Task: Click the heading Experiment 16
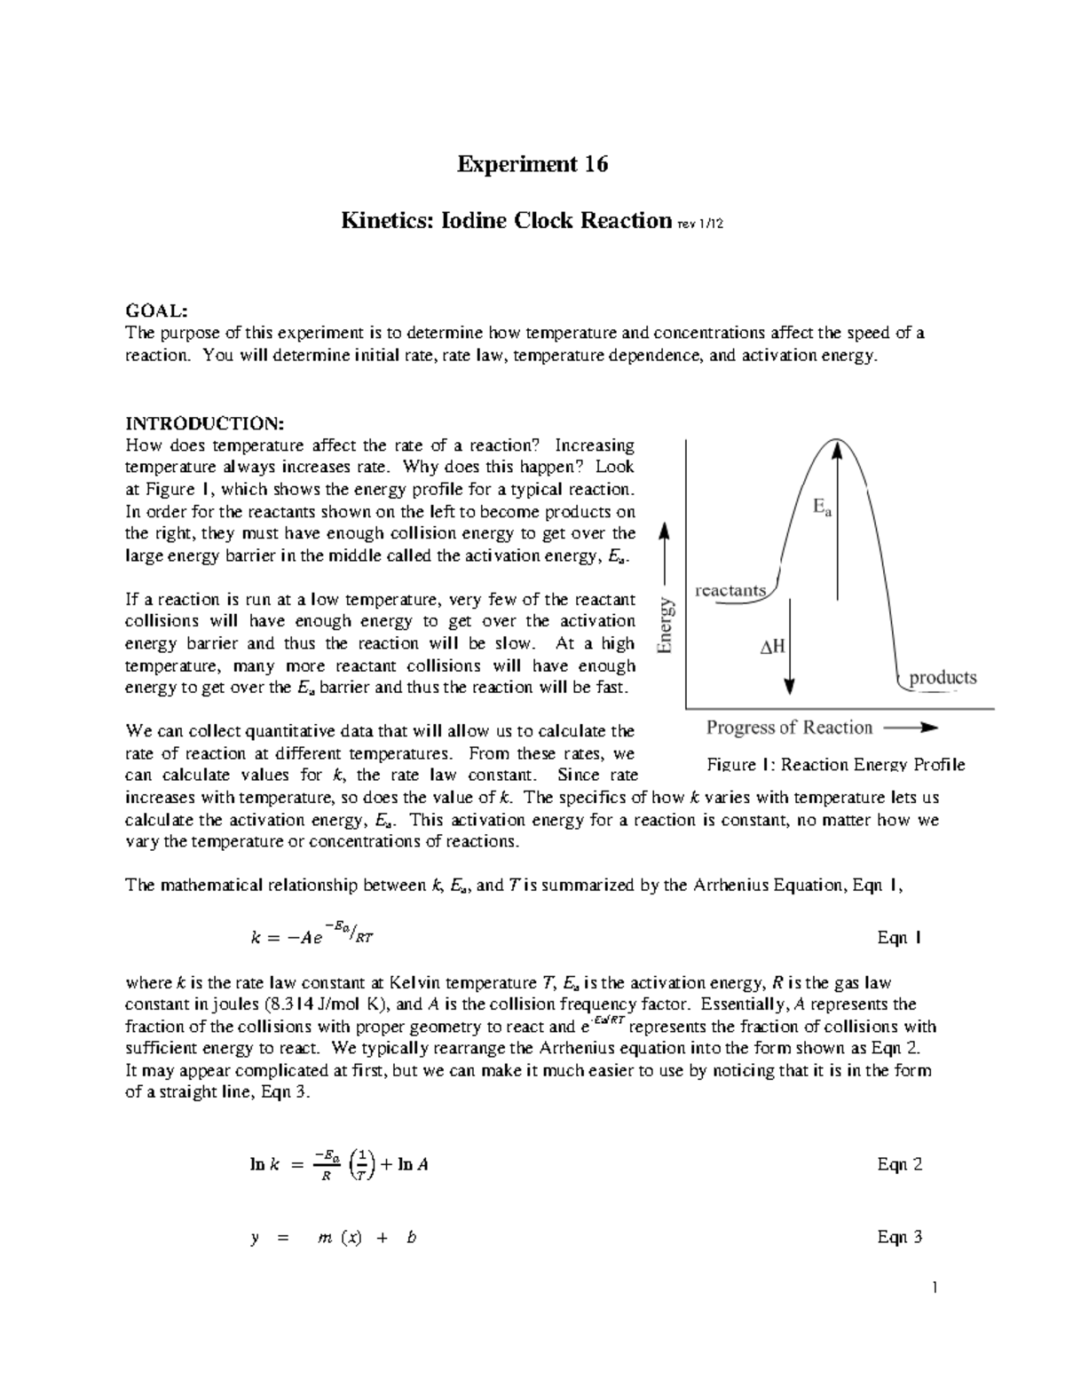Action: click(x=532, y=165)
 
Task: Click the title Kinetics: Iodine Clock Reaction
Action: click(x=506, y=220)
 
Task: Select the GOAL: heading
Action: click(x=156, y=311)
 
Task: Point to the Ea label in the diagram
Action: click(x=822, y=508)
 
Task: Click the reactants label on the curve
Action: click(x=730, y=590)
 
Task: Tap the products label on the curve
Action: click(x=943, y=678)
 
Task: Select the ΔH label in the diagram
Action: click(x=772, y=647)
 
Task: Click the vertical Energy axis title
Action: click(x=667, y=626)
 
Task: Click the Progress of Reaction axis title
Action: click(x=789, y=728)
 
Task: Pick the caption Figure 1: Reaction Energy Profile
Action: click(x=835, y=765)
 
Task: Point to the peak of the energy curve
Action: click(x=835, y=440)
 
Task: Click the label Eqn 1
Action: click(x=899, y=938)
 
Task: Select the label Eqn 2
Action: click(x=899, y=1164)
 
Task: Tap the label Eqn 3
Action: click(x=899, y=1237)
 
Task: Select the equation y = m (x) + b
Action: click(x=334, y=1238)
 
